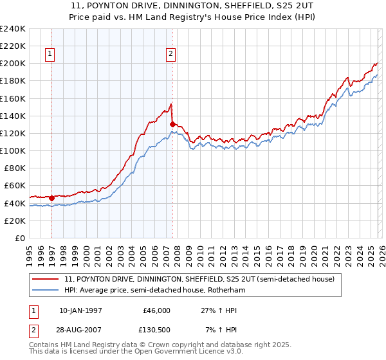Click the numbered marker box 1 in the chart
click(x=50, y=54)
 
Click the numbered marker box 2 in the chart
click(x=170, y=54)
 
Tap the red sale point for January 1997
click(x=52, y=198)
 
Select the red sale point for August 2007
click(x=172, y=124)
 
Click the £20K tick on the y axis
click(x=15, y=221)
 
